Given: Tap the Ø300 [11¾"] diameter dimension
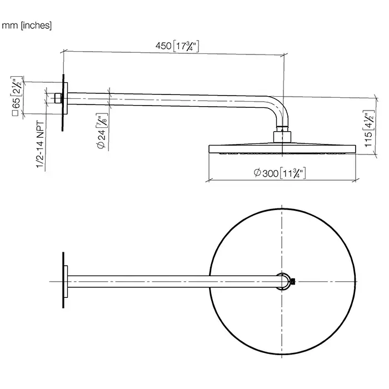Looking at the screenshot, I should (281, 174).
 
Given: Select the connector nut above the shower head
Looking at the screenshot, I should (282, 136).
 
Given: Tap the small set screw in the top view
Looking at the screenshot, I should (296, 281).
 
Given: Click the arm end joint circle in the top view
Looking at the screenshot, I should (283, 281).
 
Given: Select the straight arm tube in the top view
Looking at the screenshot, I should (172, 281).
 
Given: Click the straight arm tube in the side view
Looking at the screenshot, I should (167, 101).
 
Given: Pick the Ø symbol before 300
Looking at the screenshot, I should (257, 174).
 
